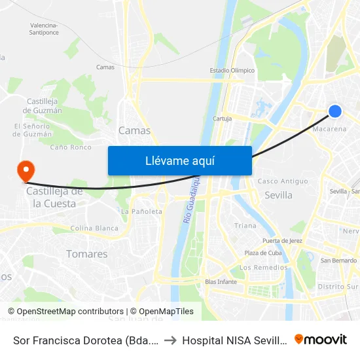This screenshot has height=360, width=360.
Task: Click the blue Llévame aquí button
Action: point(179,160)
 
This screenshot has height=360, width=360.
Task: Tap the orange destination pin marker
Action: point(26,171)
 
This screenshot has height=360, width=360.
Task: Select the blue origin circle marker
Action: point(334,111)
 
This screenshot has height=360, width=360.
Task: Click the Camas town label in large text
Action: point(134,130)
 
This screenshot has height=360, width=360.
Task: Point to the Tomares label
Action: point(86,254)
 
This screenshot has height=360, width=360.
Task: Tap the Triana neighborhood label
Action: point(245,226)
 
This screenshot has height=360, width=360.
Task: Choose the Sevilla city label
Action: point(278,195)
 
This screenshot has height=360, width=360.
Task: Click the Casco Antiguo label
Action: point(283,181)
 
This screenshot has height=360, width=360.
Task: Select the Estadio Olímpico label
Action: point(232,71)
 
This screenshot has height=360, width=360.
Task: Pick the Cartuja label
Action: point(223,118)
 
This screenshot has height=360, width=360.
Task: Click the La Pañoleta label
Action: point(141,212)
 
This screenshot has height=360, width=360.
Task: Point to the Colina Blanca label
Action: point(94,228)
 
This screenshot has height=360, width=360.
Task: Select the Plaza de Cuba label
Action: point(262,253)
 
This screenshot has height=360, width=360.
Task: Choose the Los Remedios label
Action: point(263,268)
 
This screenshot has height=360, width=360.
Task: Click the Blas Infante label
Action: point(221,282)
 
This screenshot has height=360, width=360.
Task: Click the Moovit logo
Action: point(320,339)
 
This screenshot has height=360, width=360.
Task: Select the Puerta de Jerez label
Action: point(282,241)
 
